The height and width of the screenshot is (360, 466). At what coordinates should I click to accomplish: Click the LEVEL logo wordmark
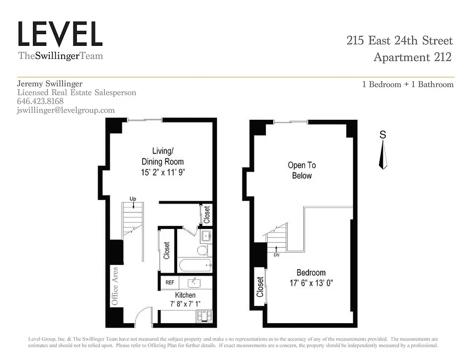pos(60,34)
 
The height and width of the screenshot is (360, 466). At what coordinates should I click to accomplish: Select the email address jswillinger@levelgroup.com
pos(66,110)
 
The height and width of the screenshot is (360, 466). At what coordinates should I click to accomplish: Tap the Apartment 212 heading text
pos(412,57)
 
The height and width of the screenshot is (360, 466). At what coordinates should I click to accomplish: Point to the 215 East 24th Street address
pos(399,40)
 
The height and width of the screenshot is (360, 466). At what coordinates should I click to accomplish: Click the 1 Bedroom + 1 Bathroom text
pos(408,84)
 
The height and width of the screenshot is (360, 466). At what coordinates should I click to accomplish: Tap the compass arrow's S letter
pos(383,135)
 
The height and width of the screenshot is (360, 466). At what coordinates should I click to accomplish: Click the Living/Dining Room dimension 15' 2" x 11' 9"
pos(163,171)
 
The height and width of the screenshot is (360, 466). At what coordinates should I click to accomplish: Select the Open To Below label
pos(302,171)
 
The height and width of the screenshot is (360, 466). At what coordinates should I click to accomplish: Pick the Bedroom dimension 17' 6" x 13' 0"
pos(311,283)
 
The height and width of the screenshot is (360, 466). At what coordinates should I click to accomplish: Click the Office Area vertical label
pos(115,286)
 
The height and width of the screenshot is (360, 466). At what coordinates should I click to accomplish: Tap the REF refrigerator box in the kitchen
pos(170,283)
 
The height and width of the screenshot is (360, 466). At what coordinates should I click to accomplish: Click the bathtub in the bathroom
pos(195,265)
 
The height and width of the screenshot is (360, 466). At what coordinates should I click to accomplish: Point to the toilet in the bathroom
pos(202,250)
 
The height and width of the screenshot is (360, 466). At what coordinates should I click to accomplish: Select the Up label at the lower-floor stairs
pos(133,198)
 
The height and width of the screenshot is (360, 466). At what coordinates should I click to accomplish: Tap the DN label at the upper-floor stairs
pos(276,255)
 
